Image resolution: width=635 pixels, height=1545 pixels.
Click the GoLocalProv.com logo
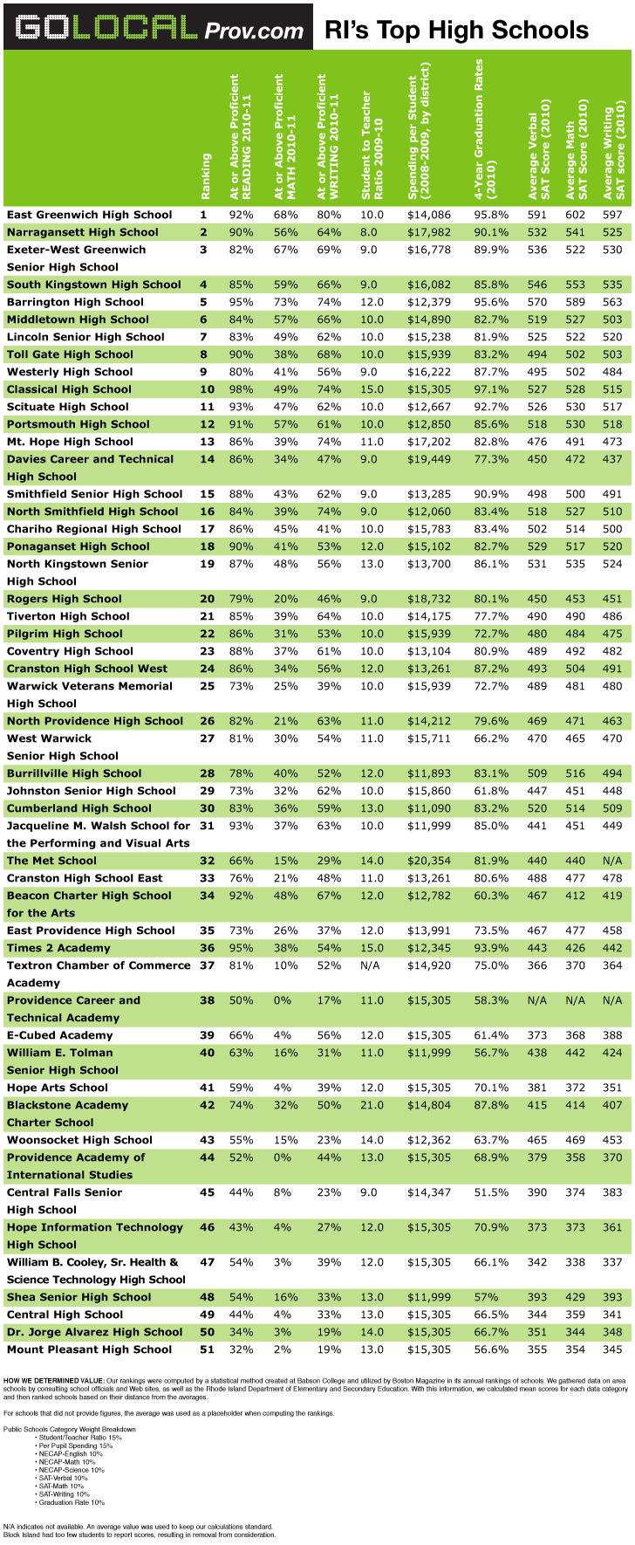click(x=158, y=27)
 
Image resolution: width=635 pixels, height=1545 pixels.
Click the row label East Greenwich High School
click(x=90, y=215)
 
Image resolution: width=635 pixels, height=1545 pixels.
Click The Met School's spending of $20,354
click(x=429, y=861)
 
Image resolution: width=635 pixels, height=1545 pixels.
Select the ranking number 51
click(x=203, y=1349)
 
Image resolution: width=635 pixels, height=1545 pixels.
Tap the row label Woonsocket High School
click(x=79, y=1140)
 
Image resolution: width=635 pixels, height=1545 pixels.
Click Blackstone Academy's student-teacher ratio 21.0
click(x=372, y=1105)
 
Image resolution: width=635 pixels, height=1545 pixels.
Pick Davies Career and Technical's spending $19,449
click(x=429, y=459)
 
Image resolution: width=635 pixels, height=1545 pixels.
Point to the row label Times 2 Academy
click(x=58, y=948)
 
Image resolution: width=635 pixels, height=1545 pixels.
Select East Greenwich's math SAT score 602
click(x=576, y=215)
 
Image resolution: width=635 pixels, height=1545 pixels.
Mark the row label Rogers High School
click(x=65, y=599)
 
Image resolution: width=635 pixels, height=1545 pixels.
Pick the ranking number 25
click(x=203, y=686)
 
